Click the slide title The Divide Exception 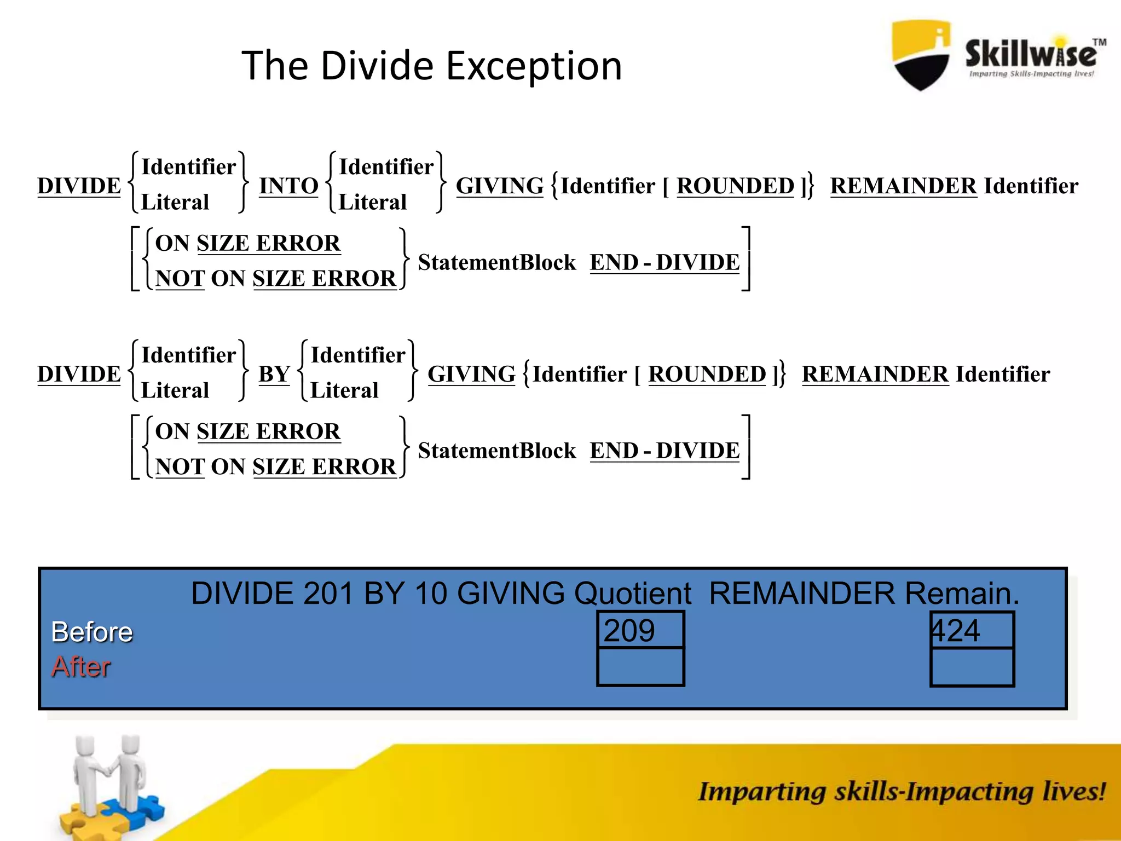coord(431,66)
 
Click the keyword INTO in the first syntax coord(288,186)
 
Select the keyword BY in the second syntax coord(274,375)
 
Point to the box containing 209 coord(640,630)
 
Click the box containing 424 coord(972,630)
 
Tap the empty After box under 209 coord(640,666)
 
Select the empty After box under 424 coord(972,666)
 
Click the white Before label coord(92,632)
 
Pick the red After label coord(81,667)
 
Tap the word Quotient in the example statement coord(632,594)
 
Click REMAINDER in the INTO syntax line coord(903,186)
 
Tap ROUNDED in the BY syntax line coord(707,375)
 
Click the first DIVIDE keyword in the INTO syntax coord(79,186)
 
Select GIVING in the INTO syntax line coord(500,186)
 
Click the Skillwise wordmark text coord(1030,54)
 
